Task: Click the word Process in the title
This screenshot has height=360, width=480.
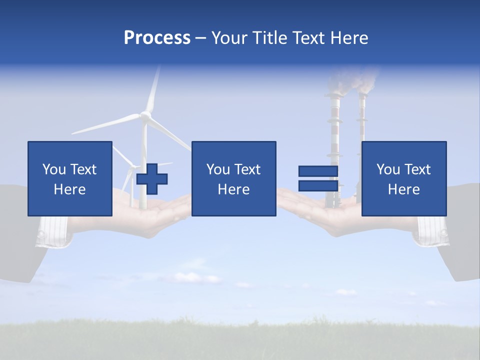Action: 157,38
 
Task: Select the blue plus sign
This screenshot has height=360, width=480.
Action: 152,178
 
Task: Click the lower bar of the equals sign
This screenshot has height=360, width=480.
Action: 318,186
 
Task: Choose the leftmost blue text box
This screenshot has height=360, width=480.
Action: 69,178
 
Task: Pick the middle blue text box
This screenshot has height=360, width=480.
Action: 233,178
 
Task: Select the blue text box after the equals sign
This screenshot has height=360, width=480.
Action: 403,178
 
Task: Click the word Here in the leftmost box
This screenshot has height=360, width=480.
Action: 69,189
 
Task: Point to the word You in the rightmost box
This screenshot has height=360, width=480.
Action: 388,169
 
